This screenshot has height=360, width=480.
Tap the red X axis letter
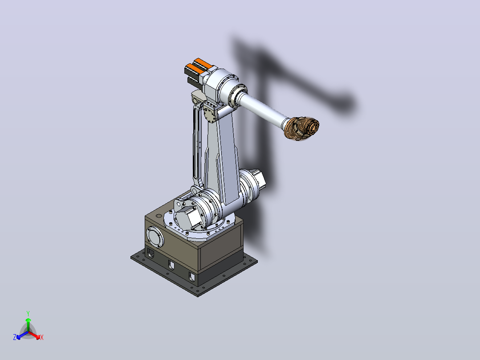[x=42, y=337]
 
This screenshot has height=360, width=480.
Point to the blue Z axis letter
[x=15, y=337]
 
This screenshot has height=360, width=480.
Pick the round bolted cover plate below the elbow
[x=210, y=115]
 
